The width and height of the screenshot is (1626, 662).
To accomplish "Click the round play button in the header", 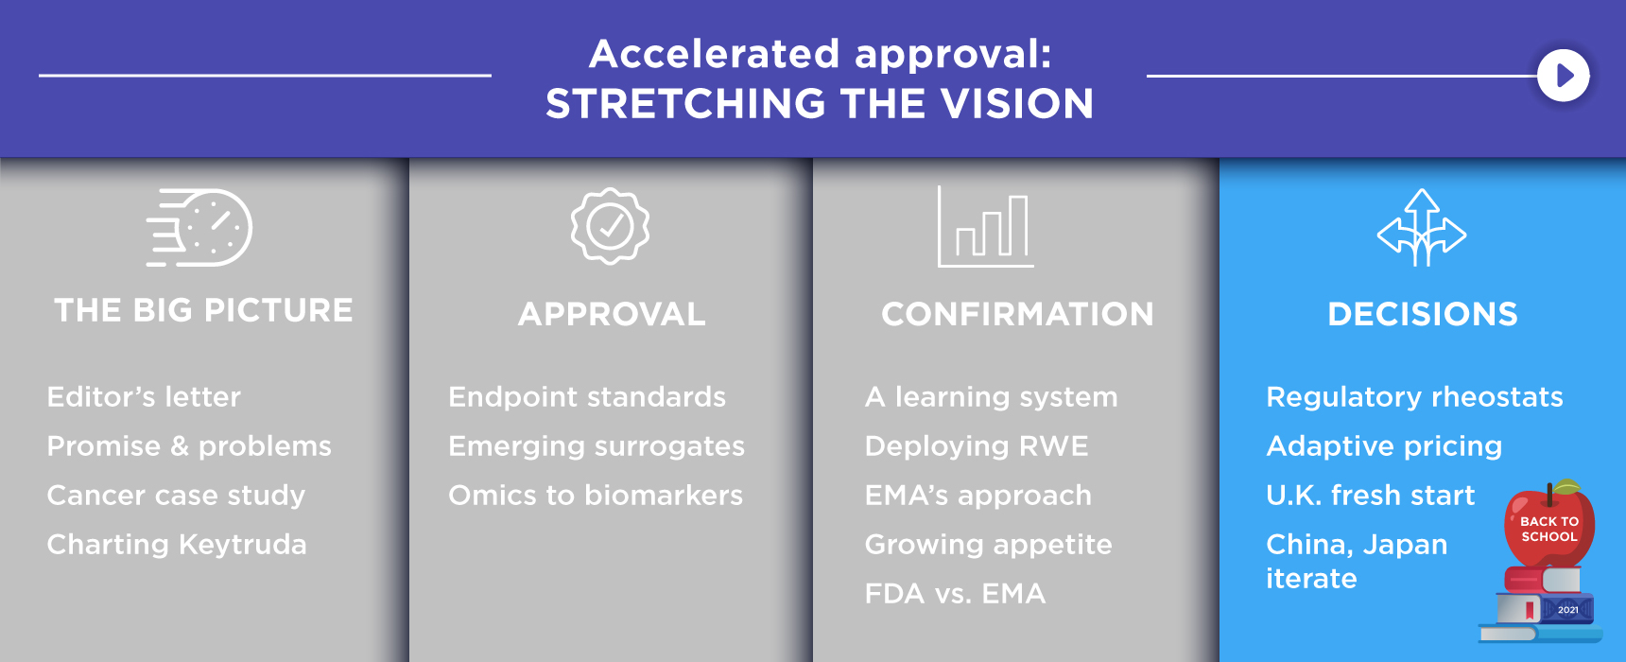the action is (1564, 76).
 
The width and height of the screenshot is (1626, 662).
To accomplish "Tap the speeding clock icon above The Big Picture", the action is (199, 228).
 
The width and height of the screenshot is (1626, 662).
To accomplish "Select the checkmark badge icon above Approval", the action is (610, 226).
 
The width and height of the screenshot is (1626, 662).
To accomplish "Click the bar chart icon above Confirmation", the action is (985, 227).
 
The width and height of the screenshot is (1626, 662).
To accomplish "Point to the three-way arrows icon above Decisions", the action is (1422, 228).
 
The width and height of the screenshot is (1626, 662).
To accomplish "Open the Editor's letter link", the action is (144, 396).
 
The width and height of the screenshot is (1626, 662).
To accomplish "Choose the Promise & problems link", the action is (189, 445).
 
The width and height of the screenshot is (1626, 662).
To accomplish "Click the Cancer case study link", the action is (176, 495).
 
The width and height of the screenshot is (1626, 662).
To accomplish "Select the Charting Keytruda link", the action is (177, 544).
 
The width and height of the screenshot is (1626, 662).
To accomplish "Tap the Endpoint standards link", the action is (587, 396).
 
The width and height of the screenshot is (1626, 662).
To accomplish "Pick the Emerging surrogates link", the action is (597, 446).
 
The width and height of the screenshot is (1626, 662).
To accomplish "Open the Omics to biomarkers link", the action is (596, 495).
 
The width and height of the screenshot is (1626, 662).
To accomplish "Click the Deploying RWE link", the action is (977, 446).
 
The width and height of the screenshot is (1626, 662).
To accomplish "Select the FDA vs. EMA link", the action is (955, 593).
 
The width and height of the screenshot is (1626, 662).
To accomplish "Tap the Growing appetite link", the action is (988, 545).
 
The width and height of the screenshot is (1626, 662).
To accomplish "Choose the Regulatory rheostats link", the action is (1414, 397).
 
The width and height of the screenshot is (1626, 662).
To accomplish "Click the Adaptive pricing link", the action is (1384, 446).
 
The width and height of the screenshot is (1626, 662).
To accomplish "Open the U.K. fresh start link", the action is (1370, 495).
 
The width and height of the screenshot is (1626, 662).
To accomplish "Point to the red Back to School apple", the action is (1549, 524).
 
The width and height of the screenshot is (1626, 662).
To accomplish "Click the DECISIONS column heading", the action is (1423, 314).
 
